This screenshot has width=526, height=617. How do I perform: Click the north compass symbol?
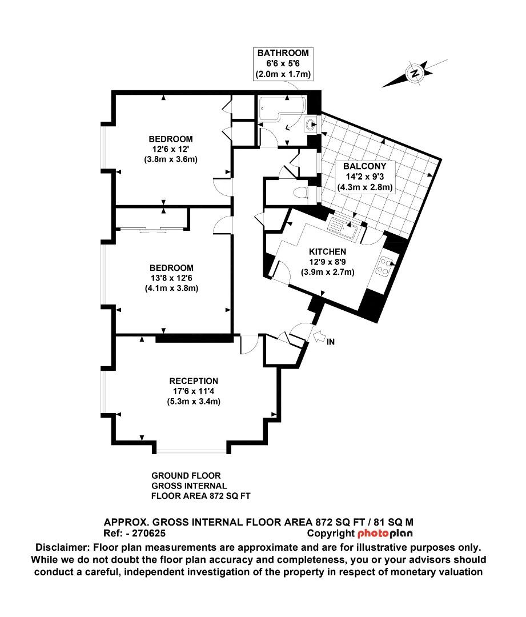(415, 73)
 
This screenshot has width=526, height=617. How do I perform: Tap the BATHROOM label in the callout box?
(283, 53)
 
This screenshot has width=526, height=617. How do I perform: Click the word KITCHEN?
(327, 251)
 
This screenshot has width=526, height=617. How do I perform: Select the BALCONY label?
(360, 166)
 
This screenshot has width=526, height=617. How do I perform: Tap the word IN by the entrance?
(331, 342)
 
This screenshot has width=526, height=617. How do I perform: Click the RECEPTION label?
(194, 381)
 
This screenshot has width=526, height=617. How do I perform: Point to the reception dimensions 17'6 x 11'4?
(194, 391)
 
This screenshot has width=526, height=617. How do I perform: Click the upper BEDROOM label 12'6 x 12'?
(171, 139)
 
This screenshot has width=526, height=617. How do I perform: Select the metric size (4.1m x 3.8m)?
(171, 289)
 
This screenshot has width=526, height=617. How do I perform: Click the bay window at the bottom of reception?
(191, 452)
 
